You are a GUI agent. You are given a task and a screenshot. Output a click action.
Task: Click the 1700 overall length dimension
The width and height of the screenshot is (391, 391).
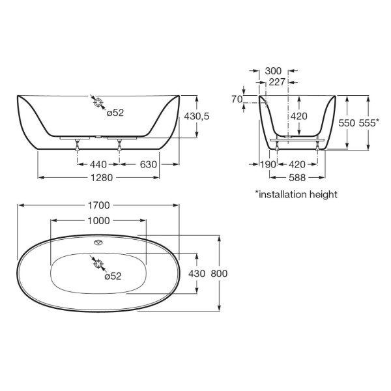pos(99,205)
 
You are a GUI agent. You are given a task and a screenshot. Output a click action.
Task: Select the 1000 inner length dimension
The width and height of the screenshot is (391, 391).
pos(99,221)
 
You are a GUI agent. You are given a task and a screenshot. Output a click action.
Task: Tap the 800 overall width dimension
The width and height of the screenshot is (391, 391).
pos(219,274)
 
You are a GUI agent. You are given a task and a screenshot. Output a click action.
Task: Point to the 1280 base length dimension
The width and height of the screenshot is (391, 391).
pos(102,177)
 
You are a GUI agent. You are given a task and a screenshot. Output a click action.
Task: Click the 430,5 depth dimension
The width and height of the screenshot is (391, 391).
pos(197,116)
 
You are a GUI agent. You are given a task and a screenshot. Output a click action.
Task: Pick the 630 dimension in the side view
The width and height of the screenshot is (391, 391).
pos(149,164)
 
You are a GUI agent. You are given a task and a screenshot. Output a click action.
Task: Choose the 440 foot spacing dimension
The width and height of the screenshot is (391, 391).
pos(98,164)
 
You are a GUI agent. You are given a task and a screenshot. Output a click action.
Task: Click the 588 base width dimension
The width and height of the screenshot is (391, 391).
pos(297,177)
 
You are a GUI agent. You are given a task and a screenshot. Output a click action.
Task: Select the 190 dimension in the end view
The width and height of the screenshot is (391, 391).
pos(268,164)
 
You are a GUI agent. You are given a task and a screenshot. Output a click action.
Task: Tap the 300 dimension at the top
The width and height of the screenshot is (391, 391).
pos(273,71)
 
